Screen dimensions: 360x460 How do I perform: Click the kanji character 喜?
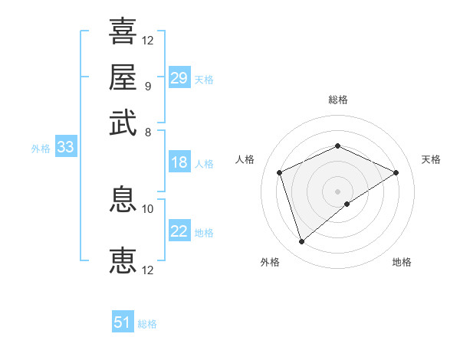click(123, 32)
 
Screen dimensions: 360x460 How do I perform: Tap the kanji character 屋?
click(123, 77)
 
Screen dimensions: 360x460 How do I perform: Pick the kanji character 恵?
click(123, 261)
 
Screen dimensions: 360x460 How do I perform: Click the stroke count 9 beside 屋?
click(147, 86)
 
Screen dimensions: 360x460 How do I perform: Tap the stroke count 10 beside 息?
click(148, 208)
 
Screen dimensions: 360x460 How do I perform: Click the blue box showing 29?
click(179, 78)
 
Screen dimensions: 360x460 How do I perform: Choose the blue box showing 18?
click(179, 162)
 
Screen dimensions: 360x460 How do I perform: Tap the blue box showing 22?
click(179, 231)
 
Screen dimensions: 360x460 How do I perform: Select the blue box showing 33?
click(64, 147)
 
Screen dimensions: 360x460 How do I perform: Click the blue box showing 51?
click(123, 322)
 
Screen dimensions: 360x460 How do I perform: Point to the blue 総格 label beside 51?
click(147, 324)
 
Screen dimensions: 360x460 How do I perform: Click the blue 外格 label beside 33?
click(41, 149)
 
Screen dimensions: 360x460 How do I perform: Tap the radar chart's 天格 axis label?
click(431, 159)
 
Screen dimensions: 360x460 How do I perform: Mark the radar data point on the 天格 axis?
click(396, 172)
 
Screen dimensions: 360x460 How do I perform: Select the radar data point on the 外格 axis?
click(301, 242)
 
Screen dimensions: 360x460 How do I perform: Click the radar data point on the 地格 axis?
click(347, 204)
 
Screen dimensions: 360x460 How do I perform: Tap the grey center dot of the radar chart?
click(337, 190)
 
